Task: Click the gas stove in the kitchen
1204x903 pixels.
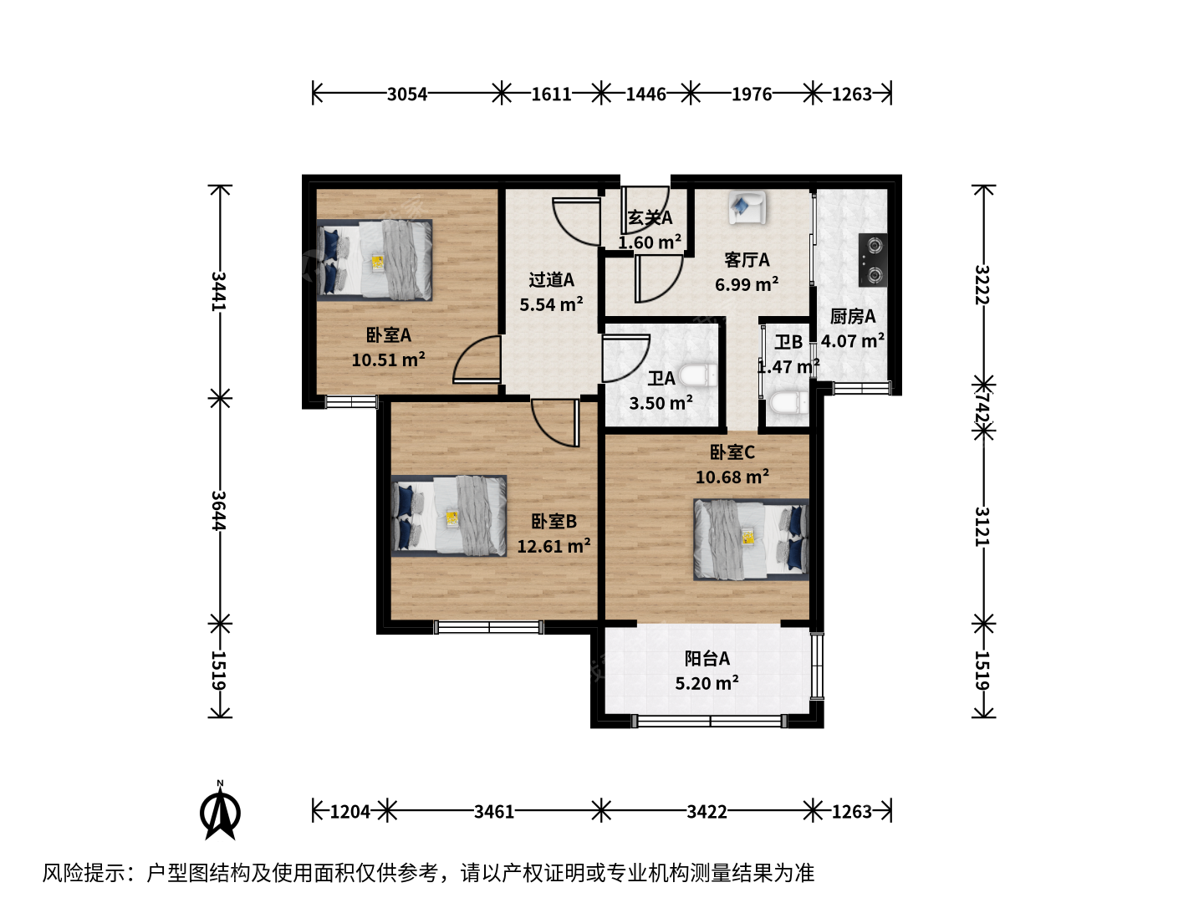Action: pos(873,260)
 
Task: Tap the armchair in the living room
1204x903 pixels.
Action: pos(747,207)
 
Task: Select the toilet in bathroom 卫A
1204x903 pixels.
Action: pos(697,376)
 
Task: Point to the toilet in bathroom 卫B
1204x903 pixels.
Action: pos(788,403)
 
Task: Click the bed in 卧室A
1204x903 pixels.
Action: pos(374,260)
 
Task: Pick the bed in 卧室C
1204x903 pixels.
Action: pos(751,539)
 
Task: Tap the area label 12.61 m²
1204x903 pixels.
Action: pos(554,546)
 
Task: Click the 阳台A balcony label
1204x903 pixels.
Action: pos(707,659)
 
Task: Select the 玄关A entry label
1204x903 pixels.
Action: pos(650,217)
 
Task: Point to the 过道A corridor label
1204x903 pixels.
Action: pos(551,280)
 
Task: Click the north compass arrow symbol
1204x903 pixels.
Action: pos(220,810)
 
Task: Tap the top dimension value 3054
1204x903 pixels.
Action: pos(407,94)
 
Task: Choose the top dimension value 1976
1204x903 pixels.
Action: pos(752,94)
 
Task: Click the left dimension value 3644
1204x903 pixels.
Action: pos(219,510)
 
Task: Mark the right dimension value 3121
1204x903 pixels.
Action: pos(982,527)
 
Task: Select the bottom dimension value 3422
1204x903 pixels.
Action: pos(707,811)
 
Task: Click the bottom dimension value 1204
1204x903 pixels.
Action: pos(350,811)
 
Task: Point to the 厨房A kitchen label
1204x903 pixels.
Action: pos(852,317)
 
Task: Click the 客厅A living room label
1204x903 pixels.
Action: pos(747,260)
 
